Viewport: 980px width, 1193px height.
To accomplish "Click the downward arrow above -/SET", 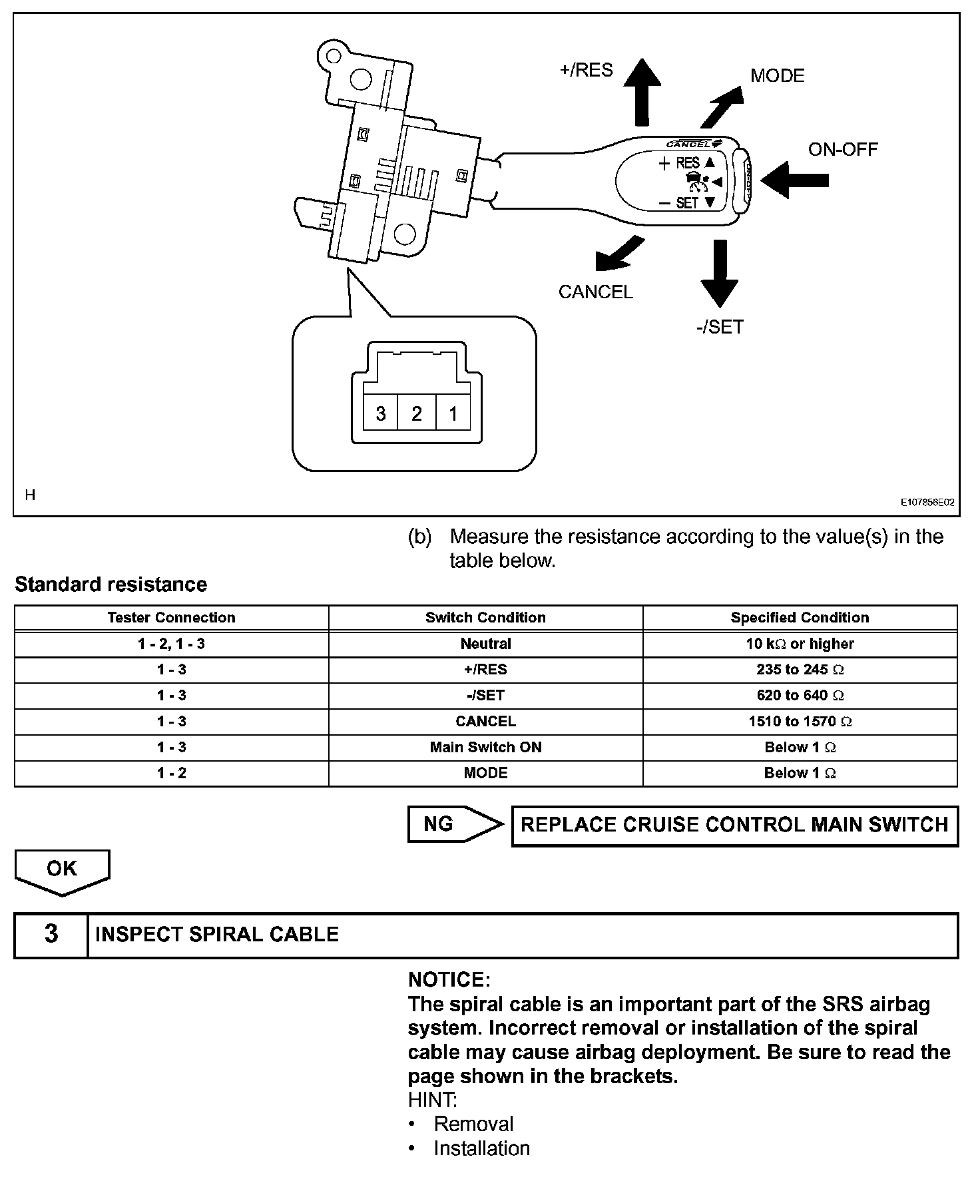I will (719, 273).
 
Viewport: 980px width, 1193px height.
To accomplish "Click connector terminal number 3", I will (381, 413).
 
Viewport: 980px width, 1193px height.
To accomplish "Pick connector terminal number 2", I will (417, 413).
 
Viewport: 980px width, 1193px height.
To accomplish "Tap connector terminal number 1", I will (453, 413).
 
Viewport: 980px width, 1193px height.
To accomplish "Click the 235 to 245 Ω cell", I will (800, 670).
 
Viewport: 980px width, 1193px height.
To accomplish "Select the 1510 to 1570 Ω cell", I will (800, 722).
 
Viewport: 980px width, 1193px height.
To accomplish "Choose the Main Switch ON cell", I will (485, 748).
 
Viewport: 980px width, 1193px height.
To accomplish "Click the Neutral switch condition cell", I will (485, 644).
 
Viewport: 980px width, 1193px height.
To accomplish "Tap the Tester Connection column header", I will (171, 618).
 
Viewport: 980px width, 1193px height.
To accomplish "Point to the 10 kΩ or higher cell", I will (800, 644).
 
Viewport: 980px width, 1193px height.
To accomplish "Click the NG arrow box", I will (455, 824).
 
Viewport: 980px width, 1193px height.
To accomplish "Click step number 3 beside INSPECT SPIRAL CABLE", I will (51, 935).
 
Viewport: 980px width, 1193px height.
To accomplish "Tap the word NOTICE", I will (449, 980).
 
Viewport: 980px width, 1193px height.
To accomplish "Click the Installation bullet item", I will (481, 1148).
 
